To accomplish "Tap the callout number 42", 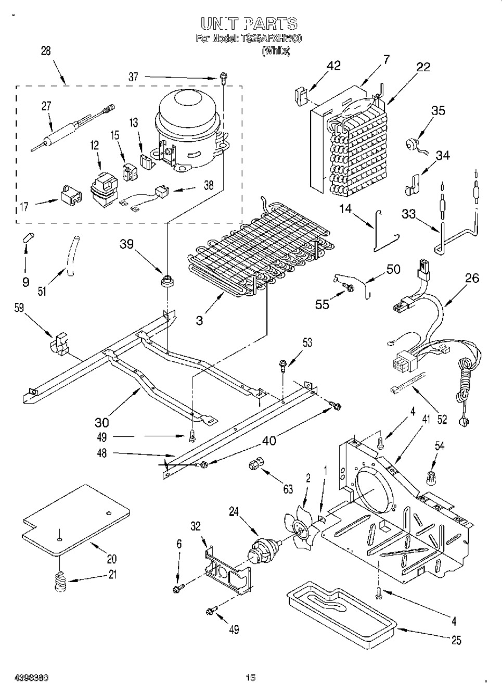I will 333,66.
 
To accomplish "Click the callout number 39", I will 127,245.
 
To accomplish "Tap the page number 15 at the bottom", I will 251,677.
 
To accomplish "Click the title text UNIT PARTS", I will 249,23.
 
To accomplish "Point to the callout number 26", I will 472,279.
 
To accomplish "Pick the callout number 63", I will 288,489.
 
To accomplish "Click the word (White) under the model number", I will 275,51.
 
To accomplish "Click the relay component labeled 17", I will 70,195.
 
